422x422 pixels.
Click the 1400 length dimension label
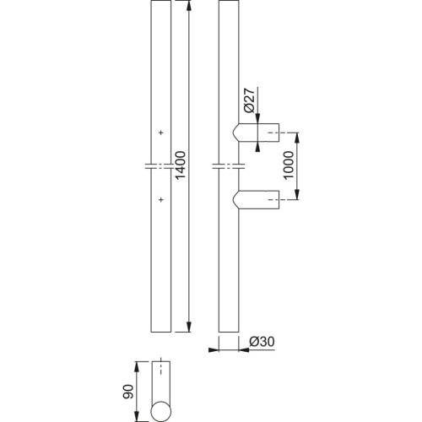[180, 165]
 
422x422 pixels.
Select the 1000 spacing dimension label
[289, 165]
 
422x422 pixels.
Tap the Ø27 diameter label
[249, 100]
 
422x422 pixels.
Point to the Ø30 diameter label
[262, 342]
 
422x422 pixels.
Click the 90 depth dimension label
[128, 392]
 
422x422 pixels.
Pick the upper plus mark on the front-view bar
[161, 133]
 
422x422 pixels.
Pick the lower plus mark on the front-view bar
[161, 200]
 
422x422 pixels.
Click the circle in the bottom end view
[161, 411]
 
